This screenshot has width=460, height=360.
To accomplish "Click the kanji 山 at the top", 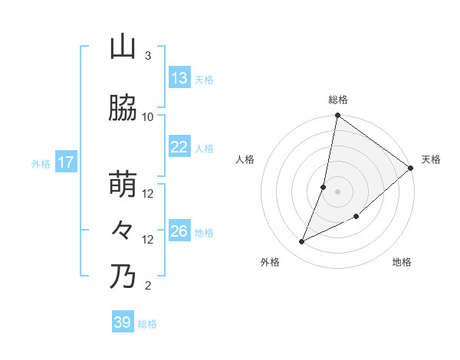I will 123,47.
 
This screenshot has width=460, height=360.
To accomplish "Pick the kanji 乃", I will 123,277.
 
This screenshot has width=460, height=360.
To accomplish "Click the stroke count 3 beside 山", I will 148,56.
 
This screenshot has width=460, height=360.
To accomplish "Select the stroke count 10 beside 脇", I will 148,116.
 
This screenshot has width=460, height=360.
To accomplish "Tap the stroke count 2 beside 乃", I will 148,286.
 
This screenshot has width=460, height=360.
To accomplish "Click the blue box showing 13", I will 179,78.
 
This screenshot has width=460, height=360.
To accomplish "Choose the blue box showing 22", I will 179,147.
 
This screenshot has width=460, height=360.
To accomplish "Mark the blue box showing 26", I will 179,231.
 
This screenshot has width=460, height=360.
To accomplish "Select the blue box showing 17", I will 65,162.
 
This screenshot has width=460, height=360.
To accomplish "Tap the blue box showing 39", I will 123,322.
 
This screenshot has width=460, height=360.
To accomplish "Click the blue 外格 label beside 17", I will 41,163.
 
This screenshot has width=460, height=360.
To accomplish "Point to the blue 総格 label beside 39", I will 148,324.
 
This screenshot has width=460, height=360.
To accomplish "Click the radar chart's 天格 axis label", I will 431,159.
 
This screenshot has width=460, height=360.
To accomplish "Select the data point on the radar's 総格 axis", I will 337,116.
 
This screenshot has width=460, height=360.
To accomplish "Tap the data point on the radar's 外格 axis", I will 302,242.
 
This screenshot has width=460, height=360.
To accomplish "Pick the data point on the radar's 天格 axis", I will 411,169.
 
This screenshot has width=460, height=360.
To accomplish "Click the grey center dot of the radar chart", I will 337,191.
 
